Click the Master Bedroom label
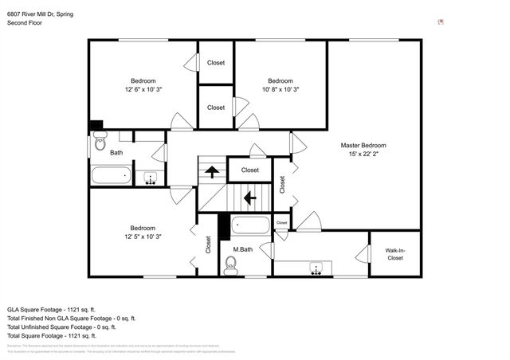click(x=363, y=145)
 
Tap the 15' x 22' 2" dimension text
click(x=363, y=155)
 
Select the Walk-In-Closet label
click(x=394, y=255)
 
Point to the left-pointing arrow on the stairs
click(x=249, y=197)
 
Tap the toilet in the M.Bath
click(x=232, y=269)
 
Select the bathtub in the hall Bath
click(x=110, y=176)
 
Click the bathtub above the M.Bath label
click(x=250, y=225)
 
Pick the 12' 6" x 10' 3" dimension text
click(x=143, y=90)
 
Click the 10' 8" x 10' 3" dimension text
click(x=280, y=90)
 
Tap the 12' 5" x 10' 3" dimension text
click(x=143, y=237)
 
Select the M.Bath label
click(x=242, y=250)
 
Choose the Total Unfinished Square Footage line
click(x=61, y=327)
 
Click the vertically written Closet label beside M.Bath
click(x=208, y=245)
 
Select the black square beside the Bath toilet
click(x=96, y=126)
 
